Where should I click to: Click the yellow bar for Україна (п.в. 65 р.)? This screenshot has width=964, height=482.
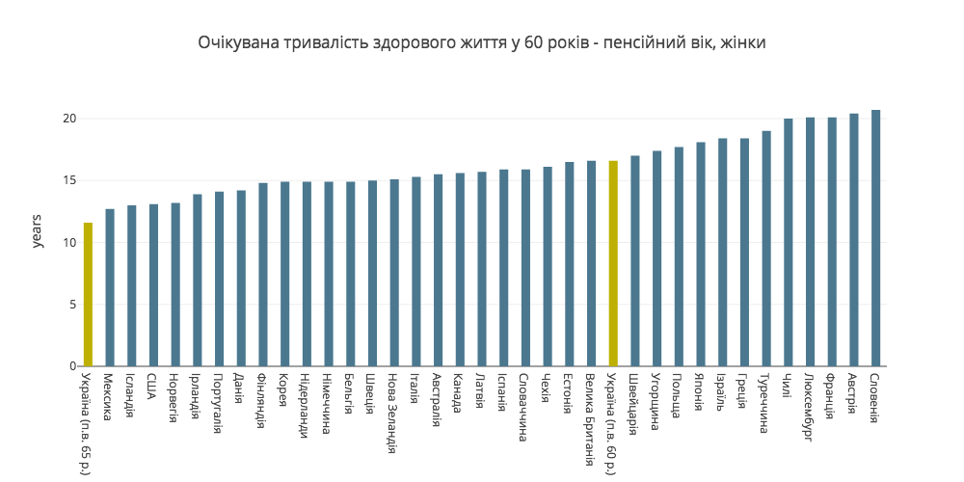tap(88, 294)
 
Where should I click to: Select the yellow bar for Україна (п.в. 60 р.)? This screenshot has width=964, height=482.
tap(613, 263)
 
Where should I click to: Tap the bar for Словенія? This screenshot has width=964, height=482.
tap(875, 238)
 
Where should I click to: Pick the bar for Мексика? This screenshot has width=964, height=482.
tap(110, 287)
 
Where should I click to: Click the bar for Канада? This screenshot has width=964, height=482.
tap(460, 270)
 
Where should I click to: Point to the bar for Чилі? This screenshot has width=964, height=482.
tap(789, 242)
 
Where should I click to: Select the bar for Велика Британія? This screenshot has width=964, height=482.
tap(591, 263)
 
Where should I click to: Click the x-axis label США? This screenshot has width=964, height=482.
tap(153, 385)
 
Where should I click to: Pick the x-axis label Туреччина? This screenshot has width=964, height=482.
tap(766, 403)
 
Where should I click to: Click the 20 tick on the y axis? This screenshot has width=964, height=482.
tap(69, 119)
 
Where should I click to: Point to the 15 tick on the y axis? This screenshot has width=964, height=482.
tap(69, 180)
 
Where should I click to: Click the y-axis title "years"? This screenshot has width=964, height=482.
tap(38, 231)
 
